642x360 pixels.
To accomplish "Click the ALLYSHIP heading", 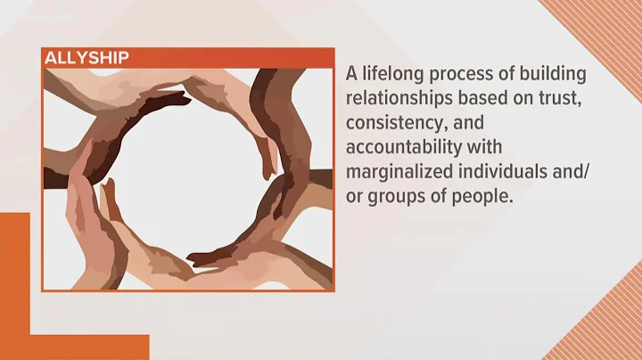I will (x=87, y=58).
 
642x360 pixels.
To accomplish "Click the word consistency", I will (x=394, y=123).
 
